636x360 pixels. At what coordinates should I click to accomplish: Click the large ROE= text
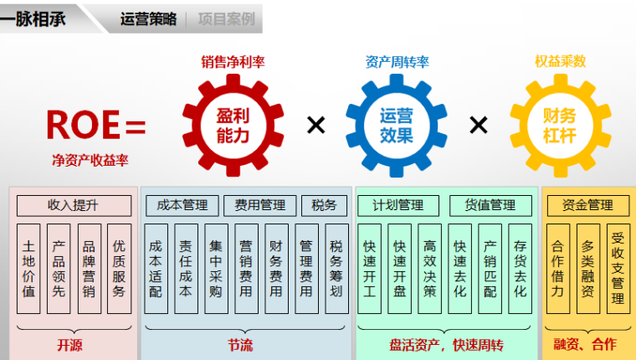pos(96,125)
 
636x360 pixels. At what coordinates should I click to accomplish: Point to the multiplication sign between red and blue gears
pos(315,125)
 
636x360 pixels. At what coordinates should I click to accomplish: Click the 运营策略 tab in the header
pos(149,18)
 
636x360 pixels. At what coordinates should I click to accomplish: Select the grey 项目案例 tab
pos(226,18)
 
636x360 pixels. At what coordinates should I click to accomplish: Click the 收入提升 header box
pos(74,205)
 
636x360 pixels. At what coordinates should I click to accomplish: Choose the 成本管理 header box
pos(182,205)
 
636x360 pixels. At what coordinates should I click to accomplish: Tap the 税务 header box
pos(324,205)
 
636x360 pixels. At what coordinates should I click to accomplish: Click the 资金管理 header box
pos(587,205)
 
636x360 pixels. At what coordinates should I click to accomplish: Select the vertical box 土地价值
pos(28,268)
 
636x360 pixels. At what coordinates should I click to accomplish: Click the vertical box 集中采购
pos(216,268)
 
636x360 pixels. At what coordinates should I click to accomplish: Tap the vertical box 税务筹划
pos(336,268)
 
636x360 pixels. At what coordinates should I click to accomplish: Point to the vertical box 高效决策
pos(430,268)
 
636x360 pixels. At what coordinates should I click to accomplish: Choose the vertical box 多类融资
pos(587,268)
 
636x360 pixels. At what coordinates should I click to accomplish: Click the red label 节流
pos(240,344)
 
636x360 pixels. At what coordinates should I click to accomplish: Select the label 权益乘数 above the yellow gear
pos(560,61)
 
